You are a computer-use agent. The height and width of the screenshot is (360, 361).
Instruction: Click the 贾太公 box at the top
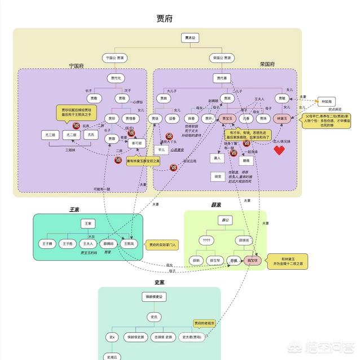coord(190,38)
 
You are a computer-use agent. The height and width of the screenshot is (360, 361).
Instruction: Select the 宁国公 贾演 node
coord(115,58)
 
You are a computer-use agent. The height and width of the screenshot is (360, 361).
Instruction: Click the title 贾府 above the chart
coord(165,19)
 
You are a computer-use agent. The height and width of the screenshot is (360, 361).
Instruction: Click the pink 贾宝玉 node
coord(227,118)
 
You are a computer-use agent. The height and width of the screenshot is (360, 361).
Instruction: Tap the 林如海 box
coord(327,102)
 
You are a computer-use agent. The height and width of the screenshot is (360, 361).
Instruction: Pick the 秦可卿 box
coord(137,143)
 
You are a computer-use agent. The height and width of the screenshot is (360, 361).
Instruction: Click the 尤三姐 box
coord(50,135)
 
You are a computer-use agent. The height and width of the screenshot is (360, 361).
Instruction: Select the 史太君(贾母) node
coord(192,337)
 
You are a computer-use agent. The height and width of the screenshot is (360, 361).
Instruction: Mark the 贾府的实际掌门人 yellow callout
coord(162,245)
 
